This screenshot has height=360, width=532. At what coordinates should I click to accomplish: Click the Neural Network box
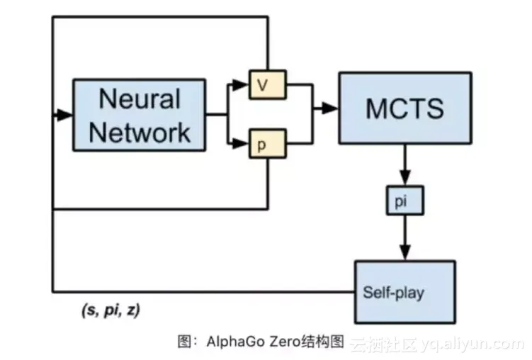click(x=140, y=115)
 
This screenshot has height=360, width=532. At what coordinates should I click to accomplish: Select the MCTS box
click(x=404, y=108)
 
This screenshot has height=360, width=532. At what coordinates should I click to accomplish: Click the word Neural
click(x=140, y=98)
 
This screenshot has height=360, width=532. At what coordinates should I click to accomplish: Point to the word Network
click(x=140, y=132)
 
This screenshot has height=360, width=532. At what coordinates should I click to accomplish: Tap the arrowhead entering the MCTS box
click(x=331, y=108)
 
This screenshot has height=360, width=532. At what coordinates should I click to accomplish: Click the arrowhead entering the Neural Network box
click(x=65, y=114)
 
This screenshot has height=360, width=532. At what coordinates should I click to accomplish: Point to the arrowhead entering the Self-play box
click(x=404, y=253)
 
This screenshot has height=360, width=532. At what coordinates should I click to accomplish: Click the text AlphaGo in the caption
click(x=231, y=343)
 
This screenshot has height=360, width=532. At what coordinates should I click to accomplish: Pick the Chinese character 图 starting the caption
click(x=183, y=343)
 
